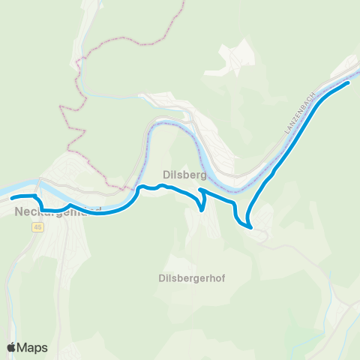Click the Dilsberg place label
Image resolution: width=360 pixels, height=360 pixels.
(179, 174)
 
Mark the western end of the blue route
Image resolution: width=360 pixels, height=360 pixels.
(12, 198)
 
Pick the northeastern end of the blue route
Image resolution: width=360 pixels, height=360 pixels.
(349, 83)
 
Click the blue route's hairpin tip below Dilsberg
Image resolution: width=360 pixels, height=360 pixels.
(202, 211)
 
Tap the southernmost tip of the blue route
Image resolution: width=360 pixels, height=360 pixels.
(250, 226)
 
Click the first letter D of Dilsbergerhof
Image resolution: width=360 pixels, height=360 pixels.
(161, 277)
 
